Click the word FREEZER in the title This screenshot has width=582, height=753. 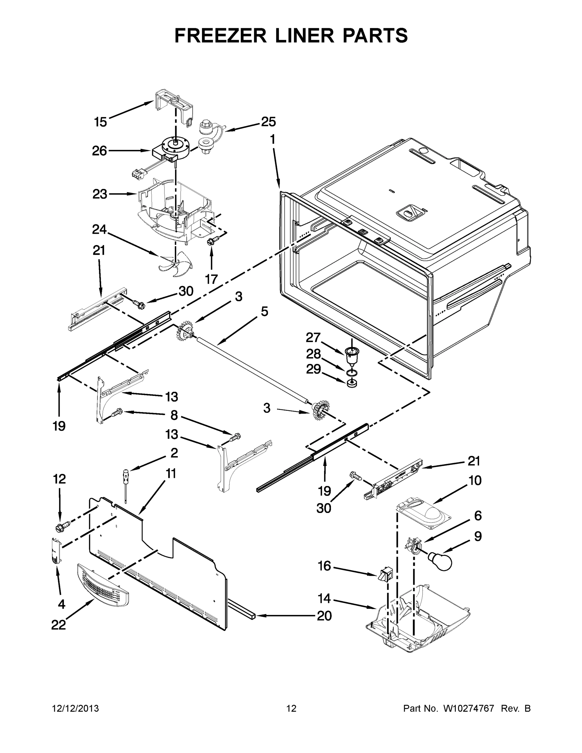(x=220, y=35)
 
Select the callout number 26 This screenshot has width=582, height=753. (x=99, y=151)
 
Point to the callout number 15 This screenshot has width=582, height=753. (x=101, y=122)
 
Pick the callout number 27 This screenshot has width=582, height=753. (x=313, y=338)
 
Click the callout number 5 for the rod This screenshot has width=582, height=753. (x=264, y=311)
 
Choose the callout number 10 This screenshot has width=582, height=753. (x=475, y=480)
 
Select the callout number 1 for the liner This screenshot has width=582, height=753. (x=272, y=140)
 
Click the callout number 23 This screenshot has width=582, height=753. (x=100, y=194)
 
